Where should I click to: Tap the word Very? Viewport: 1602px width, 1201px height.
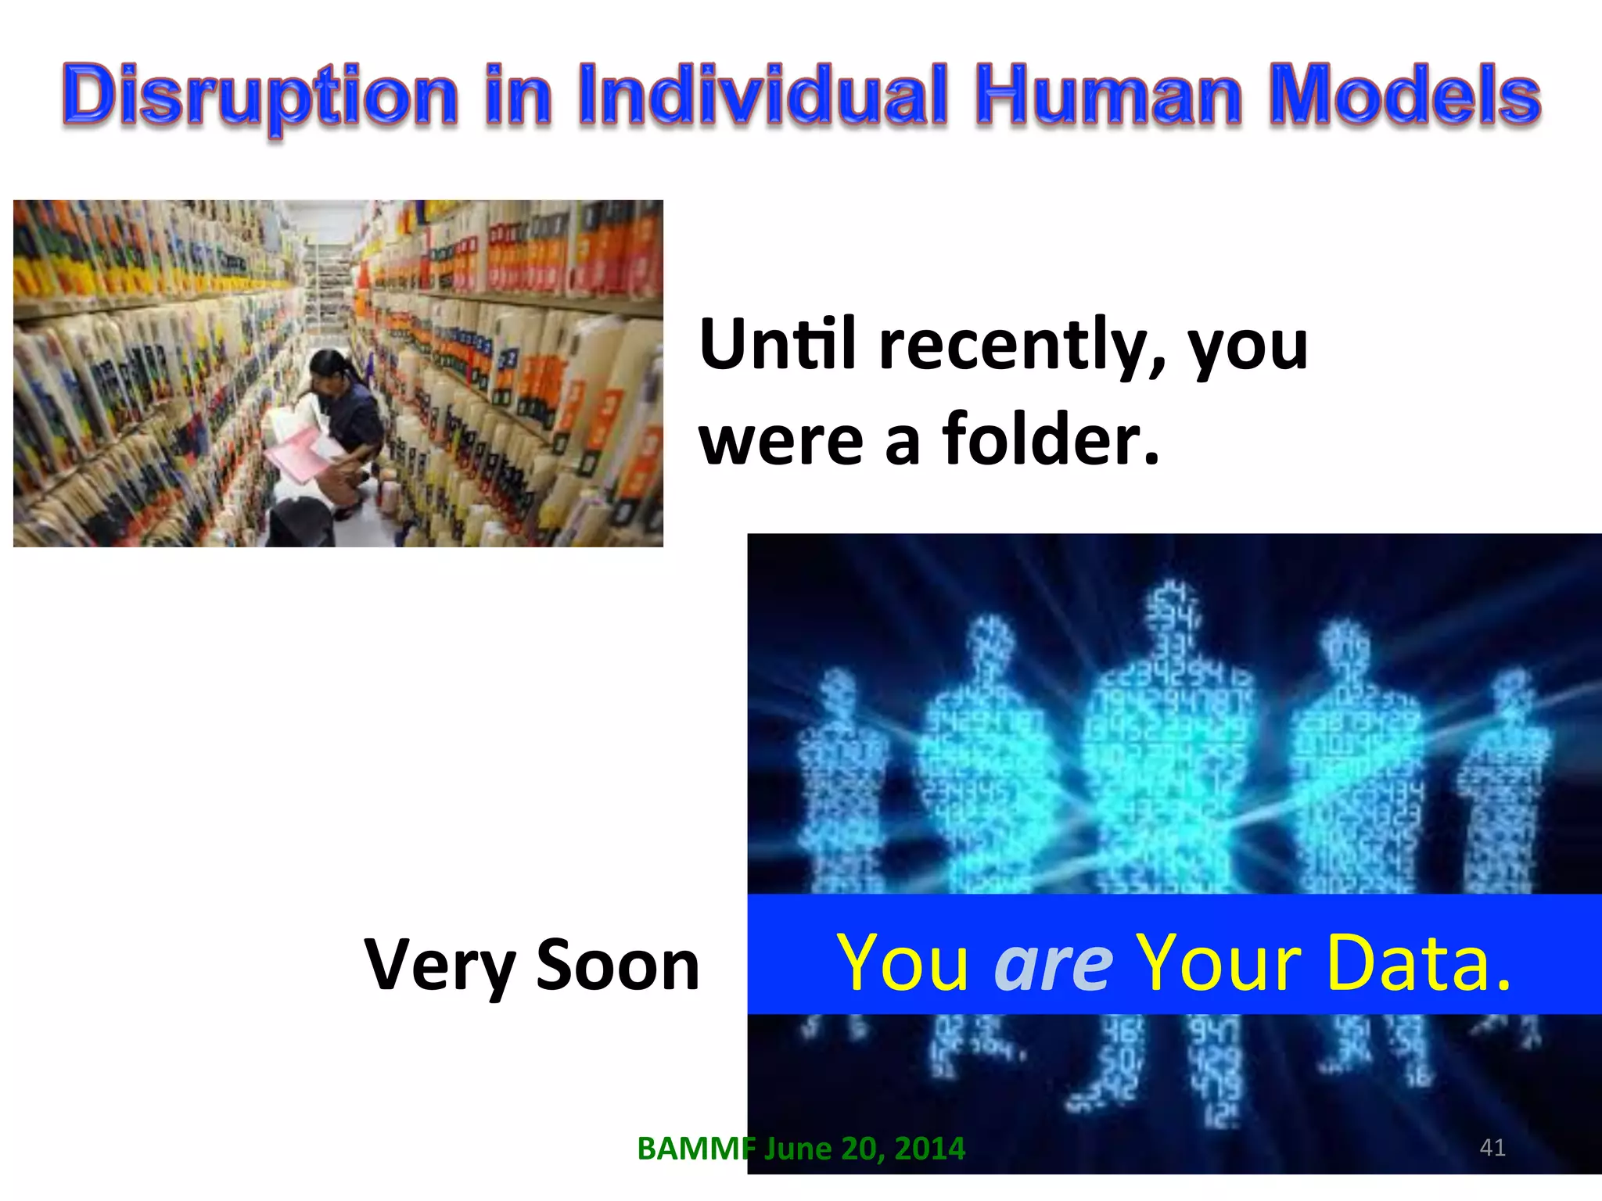click(438, 966)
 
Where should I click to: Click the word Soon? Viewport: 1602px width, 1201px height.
click(618, 966)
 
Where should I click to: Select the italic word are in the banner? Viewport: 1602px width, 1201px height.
click(1053, 963)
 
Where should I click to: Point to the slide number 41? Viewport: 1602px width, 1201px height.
click(1492, 1147)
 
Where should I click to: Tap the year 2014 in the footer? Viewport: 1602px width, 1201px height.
click(929, 1149)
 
